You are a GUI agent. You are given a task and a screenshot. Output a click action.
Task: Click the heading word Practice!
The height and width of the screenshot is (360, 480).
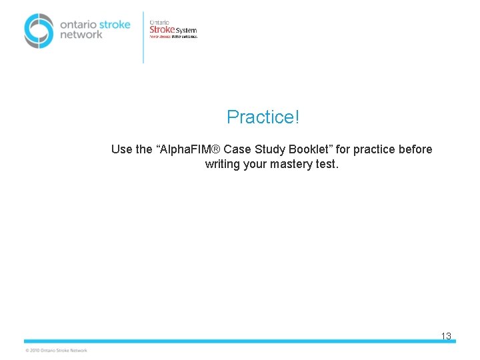(x=263, y=117)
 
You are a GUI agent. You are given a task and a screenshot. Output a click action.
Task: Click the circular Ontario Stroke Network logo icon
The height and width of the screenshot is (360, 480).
(x=39, y=31)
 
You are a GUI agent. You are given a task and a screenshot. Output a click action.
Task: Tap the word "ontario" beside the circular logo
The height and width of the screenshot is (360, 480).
(x=78, y=24)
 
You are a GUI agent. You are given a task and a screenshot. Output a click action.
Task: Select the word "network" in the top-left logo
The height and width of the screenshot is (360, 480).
(x=81, y=35)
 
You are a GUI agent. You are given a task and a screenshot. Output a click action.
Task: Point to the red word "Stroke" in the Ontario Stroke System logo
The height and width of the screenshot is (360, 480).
(x=162, y=29)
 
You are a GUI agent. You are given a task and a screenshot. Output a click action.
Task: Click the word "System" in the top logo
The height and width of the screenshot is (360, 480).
(x=186, y=30)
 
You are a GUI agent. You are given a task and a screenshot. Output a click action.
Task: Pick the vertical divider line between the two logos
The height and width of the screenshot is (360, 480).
(x=143, y=37)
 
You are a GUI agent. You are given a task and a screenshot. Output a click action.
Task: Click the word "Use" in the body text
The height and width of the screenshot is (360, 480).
(x=121, y=149)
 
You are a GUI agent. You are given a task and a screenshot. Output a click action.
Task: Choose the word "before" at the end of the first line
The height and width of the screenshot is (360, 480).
(x=415, y=149)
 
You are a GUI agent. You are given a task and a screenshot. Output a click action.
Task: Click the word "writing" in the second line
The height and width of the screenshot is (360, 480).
(x=223, y=164)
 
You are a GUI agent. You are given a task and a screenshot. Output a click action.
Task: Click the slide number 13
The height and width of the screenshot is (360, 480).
(x=446, y=337)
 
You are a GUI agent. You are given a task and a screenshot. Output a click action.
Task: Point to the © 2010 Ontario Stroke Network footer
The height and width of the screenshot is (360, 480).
(x=56, y=350)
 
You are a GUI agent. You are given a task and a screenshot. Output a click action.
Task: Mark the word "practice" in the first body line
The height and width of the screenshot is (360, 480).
(x=371, y=149)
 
